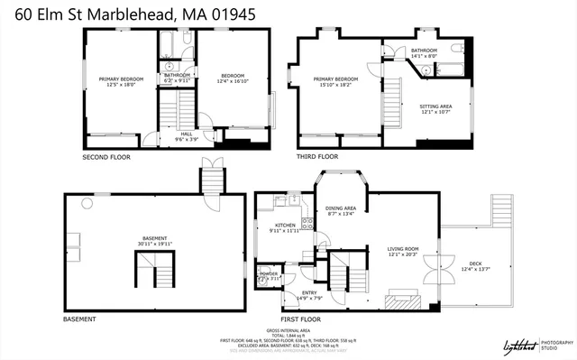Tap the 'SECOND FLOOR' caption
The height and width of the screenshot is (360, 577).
click(106, 157)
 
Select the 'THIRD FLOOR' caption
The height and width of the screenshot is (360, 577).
click(316, 156)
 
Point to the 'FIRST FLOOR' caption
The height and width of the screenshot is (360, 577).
click(301, 319)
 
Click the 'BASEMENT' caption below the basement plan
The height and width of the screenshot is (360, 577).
click(79, 319)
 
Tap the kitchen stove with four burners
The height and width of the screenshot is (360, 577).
click(307, 224)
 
